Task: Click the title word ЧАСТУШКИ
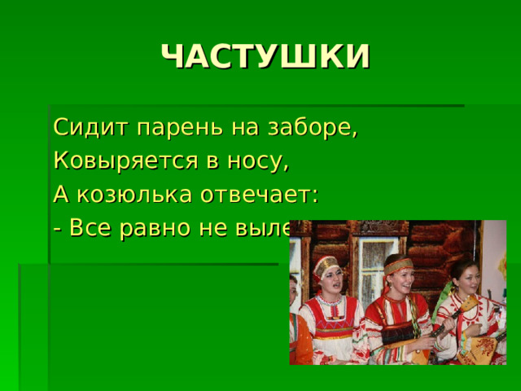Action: tap(265, 57)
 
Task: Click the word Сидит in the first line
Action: tap(78, 129)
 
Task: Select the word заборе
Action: tap(317, 130)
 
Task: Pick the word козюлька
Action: tap(143, 195)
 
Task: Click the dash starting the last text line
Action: tap(57, 229)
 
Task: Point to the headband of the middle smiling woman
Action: tap(398, 266)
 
